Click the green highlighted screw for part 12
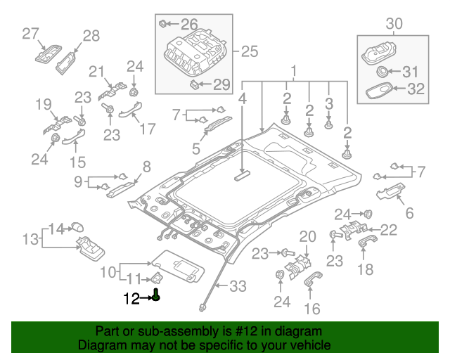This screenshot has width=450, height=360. point(157,295)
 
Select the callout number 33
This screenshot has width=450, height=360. point(239,286)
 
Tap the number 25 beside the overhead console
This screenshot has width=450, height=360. point(250,51)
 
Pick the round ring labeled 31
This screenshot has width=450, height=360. point(383,72)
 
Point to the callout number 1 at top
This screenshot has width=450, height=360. point(295,70)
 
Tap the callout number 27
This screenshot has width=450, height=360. point(30,33)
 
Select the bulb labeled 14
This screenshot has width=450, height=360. point(77,226)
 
